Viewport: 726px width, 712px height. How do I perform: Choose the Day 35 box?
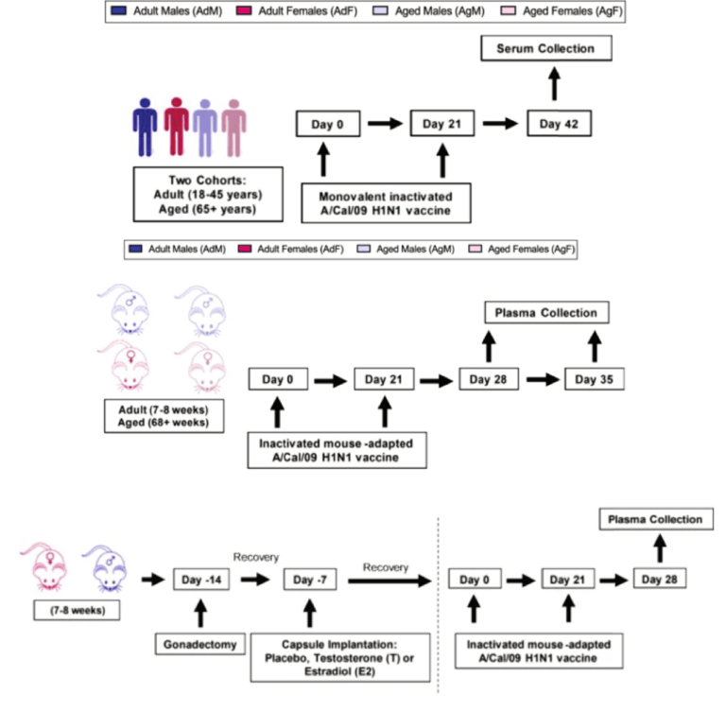click(x=595, y=379)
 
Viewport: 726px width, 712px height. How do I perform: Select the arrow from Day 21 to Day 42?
click(x=500, y=124)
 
